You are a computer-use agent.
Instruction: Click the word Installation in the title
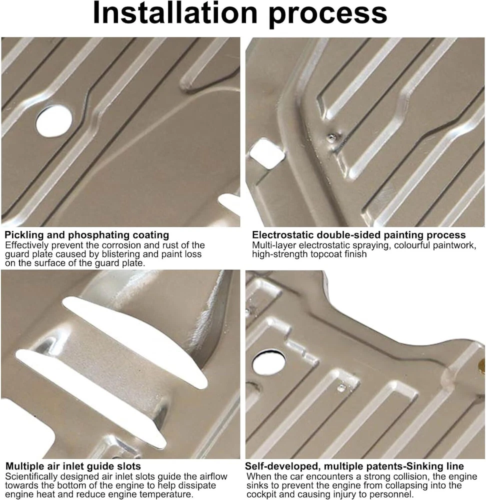point(175,13)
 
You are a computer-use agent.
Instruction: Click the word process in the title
point(328,16)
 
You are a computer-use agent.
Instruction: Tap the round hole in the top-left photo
point(54,121)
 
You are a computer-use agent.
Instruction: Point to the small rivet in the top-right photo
point(332,137)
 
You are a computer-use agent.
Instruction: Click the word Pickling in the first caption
point(24,235)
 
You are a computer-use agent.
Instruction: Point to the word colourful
point(413,245)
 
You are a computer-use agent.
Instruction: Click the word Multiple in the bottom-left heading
point(25,466)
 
